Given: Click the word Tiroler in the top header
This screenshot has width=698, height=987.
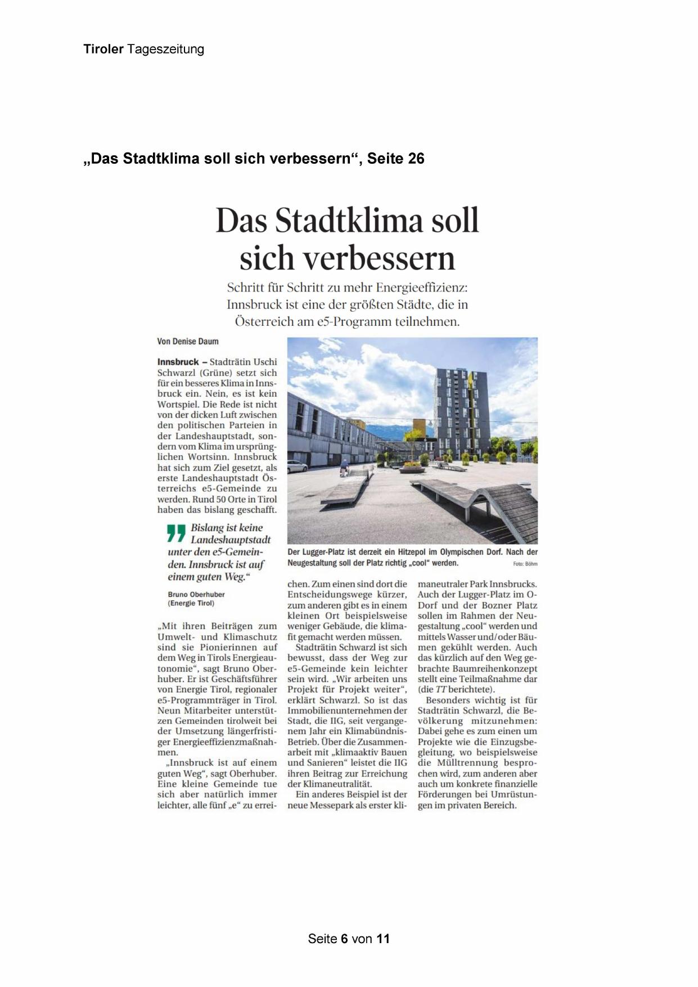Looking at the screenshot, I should pos(103,50).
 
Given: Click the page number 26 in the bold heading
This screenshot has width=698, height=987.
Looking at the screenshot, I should pos(416,159).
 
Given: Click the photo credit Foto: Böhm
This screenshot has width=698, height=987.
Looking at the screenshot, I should pos(525,564).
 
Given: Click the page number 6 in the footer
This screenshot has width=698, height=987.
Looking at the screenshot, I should pos(344,939).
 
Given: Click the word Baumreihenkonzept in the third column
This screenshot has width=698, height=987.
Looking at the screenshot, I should pos(478,669).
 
